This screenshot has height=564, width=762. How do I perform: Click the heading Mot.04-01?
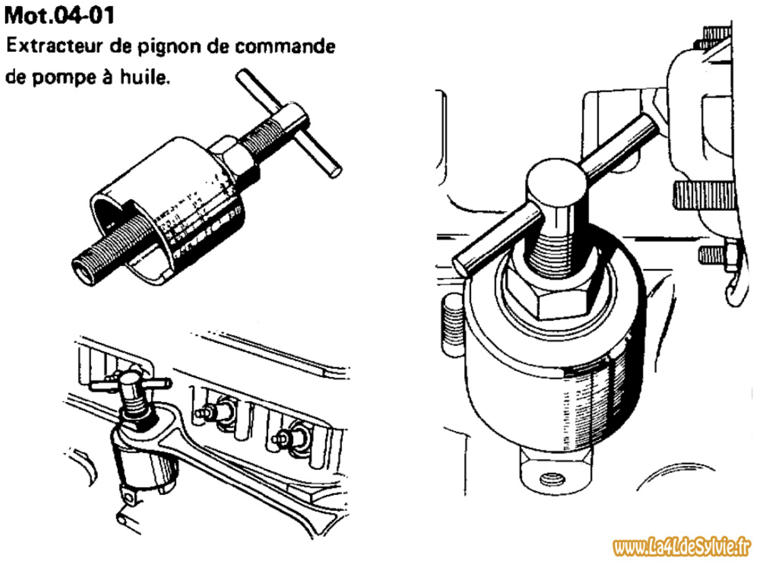pyautogui.click(x=59, y=16)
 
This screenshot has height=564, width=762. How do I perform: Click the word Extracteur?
pyautogui.click(x=54, y=46)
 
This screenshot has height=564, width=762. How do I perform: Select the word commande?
pyautogui.click(x=285, y=46)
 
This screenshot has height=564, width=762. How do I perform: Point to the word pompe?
pyautogui.click(x=61, y=78)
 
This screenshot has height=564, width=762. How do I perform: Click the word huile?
pyautogui.click(x=145, y=77)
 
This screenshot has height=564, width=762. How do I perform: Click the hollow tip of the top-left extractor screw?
pyautogui.click(x=83, y=273)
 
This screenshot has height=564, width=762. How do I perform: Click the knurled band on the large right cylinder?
pyautogui.click(x=598, y=408)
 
